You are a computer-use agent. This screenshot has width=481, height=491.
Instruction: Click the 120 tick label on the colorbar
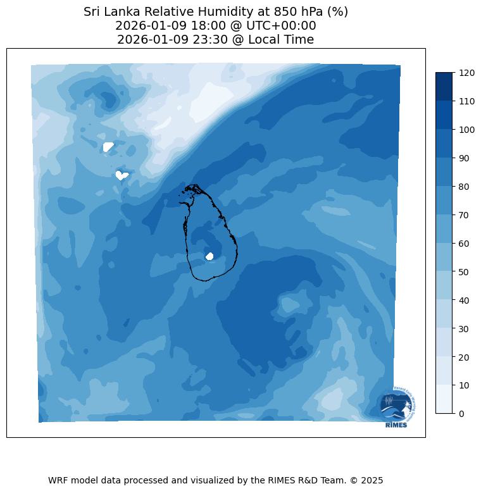click(466, 73)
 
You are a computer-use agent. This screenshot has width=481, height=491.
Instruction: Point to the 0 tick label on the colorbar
click(462, 413)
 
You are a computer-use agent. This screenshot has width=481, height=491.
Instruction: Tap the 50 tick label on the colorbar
click(465, 271)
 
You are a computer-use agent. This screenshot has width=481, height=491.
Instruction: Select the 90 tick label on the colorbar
click(465, 158)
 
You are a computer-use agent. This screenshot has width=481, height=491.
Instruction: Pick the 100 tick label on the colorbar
click(466, 130)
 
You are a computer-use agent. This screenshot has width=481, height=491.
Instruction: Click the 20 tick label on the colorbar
click(465, 357)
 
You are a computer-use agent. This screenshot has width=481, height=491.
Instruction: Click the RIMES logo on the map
click(397, 407)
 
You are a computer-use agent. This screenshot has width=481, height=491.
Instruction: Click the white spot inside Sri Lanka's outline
click(209, 256)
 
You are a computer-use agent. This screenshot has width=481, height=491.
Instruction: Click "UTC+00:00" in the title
click(279, 26)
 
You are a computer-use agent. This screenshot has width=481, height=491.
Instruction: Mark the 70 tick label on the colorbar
click(465, 215)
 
